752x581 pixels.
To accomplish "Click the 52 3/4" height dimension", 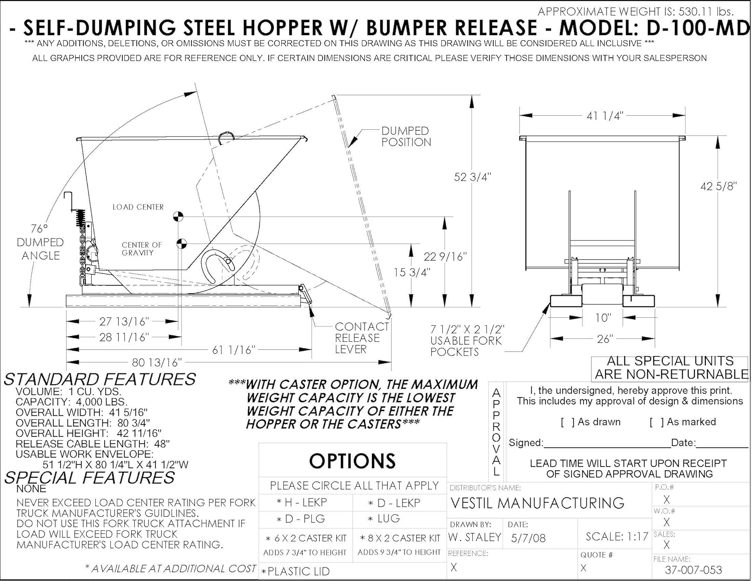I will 472,177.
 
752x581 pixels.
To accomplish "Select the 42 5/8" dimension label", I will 718,186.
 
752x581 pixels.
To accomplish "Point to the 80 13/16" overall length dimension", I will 156,362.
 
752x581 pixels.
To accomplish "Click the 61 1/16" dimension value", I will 234,350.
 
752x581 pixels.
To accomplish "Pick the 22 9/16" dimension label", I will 445,257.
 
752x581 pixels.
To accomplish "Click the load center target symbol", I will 178,217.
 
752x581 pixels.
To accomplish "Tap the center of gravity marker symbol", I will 181,244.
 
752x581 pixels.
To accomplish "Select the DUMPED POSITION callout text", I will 406,136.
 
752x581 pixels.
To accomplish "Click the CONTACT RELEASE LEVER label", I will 361,338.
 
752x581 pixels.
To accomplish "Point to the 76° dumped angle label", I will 40,242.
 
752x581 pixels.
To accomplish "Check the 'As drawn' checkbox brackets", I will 568,422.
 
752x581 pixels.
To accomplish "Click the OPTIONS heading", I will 352,461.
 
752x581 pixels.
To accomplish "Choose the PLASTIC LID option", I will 298,571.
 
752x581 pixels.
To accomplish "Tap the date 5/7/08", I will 528,538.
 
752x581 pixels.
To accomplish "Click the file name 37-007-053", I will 693,570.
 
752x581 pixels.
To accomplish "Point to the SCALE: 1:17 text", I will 617,537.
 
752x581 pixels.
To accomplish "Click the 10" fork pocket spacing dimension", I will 603,318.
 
